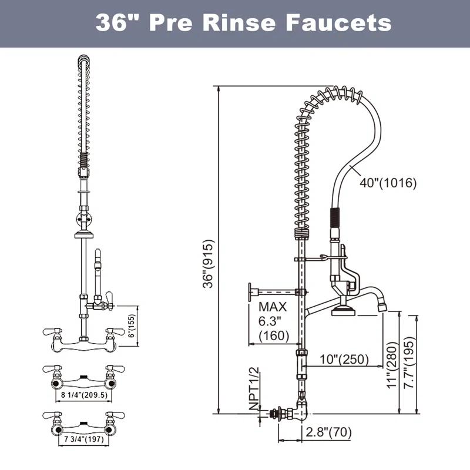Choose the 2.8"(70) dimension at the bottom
(x=328, y=433)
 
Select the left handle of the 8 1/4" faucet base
(x=52, y=370)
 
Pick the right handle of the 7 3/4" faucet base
(x=115, y=416)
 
